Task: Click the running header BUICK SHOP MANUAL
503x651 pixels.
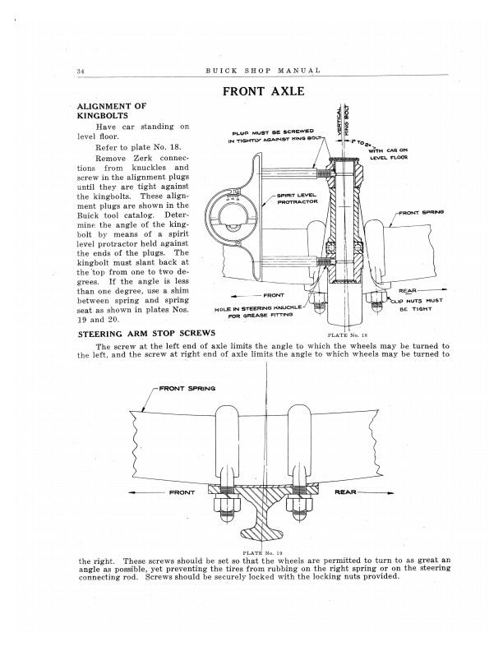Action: [x=261, y=72]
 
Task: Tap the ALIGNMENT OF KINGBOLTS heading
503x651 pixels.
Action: [x=111, y=112]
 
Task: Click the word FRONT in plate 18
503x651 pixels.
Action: [x=272, y=293]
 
